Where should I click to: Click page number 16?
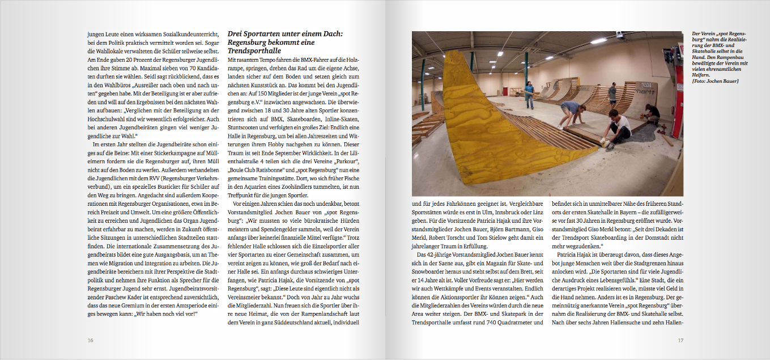(x=90, y=340)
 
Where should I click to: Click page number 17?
(x=680, y=340)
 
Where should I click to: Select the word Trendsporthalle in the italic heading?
(x=250, y=51)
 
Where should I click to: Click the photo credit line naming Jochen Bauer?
(x=716, y=81)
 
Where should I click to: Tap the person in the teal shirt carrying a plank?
(x=529, y=93)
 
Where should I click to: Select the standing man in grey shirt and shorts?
(x=612, y=93)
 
